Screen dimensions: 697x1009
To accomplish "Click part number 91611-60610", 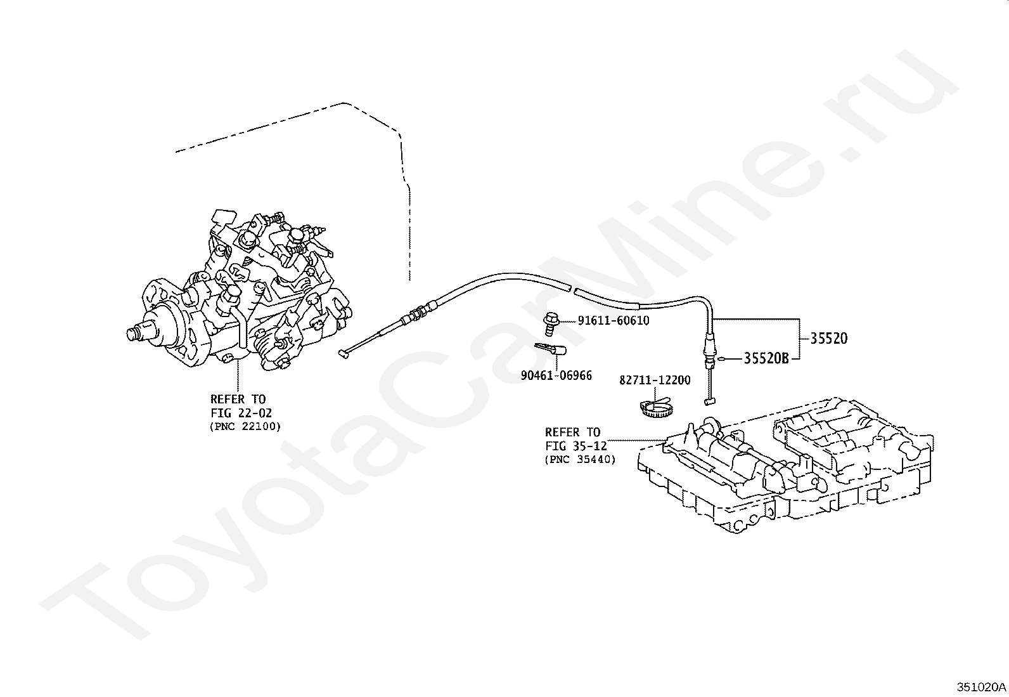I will coord(613,321).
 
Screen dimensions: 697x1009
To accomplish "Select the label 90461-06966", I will coord(556,375).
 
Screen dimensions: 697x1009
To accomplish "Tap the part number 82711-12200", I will coord(655,380).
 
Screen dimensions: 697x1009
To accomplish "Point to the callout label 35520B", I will coord(766,359).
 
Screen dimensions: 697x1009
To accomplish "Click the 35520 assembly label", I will coord(828,339).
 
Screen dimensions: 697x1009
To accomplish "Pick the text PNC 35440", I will coord(580,460).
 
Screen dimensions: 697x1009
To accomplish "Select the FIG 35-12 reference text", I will coord(576,446).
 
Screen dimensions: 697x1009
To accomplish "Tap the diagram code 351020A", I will coord(981,687).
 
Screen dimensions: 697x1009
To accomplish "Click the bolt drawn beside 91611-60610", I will coord(549,322).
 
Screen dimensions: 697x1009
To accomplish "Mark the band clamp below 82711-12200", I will coord(653,407).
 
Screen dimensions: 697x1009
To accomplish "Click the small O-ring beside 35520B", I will coord(722,360).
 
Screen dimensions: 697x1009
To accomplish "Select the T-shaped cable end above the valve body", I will coord(709,401).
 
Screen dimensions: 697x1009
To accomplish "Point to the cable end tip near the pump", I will coord(344,355).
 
